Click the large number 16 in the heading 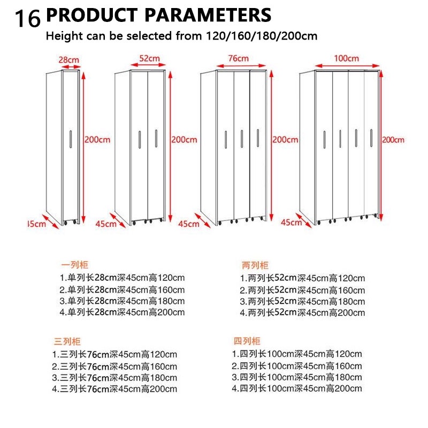coord(28,19)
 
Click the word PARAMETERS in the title coord(208,15)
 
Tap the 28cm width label coord(69,60)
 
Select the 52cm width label coord(149,58)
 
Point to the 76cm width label coord(238,58)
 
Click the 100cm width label coord(346,58)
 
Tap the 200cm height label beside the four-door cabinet coord(393,140)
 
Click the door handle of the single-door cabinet coord(71,139)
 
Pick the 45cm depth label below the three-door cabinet coord(189,224)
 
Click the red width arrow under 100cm coord(347,66)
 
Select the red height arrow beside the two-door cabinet coord(170,147)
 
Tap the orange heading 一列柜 coord(74,264)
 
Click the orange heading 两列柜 coord(255,265)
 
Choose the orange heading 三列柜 coord(67,341)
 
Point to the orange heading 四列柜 coord(247,341)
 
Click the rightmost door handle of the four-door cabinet coord(371,138)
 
